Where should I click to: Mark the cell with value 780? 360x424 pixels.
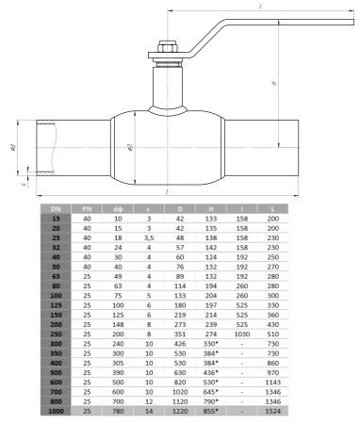click(x=117, y=411)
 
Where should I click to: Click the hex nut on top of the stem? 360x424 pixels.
click(x=166, y=52)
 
